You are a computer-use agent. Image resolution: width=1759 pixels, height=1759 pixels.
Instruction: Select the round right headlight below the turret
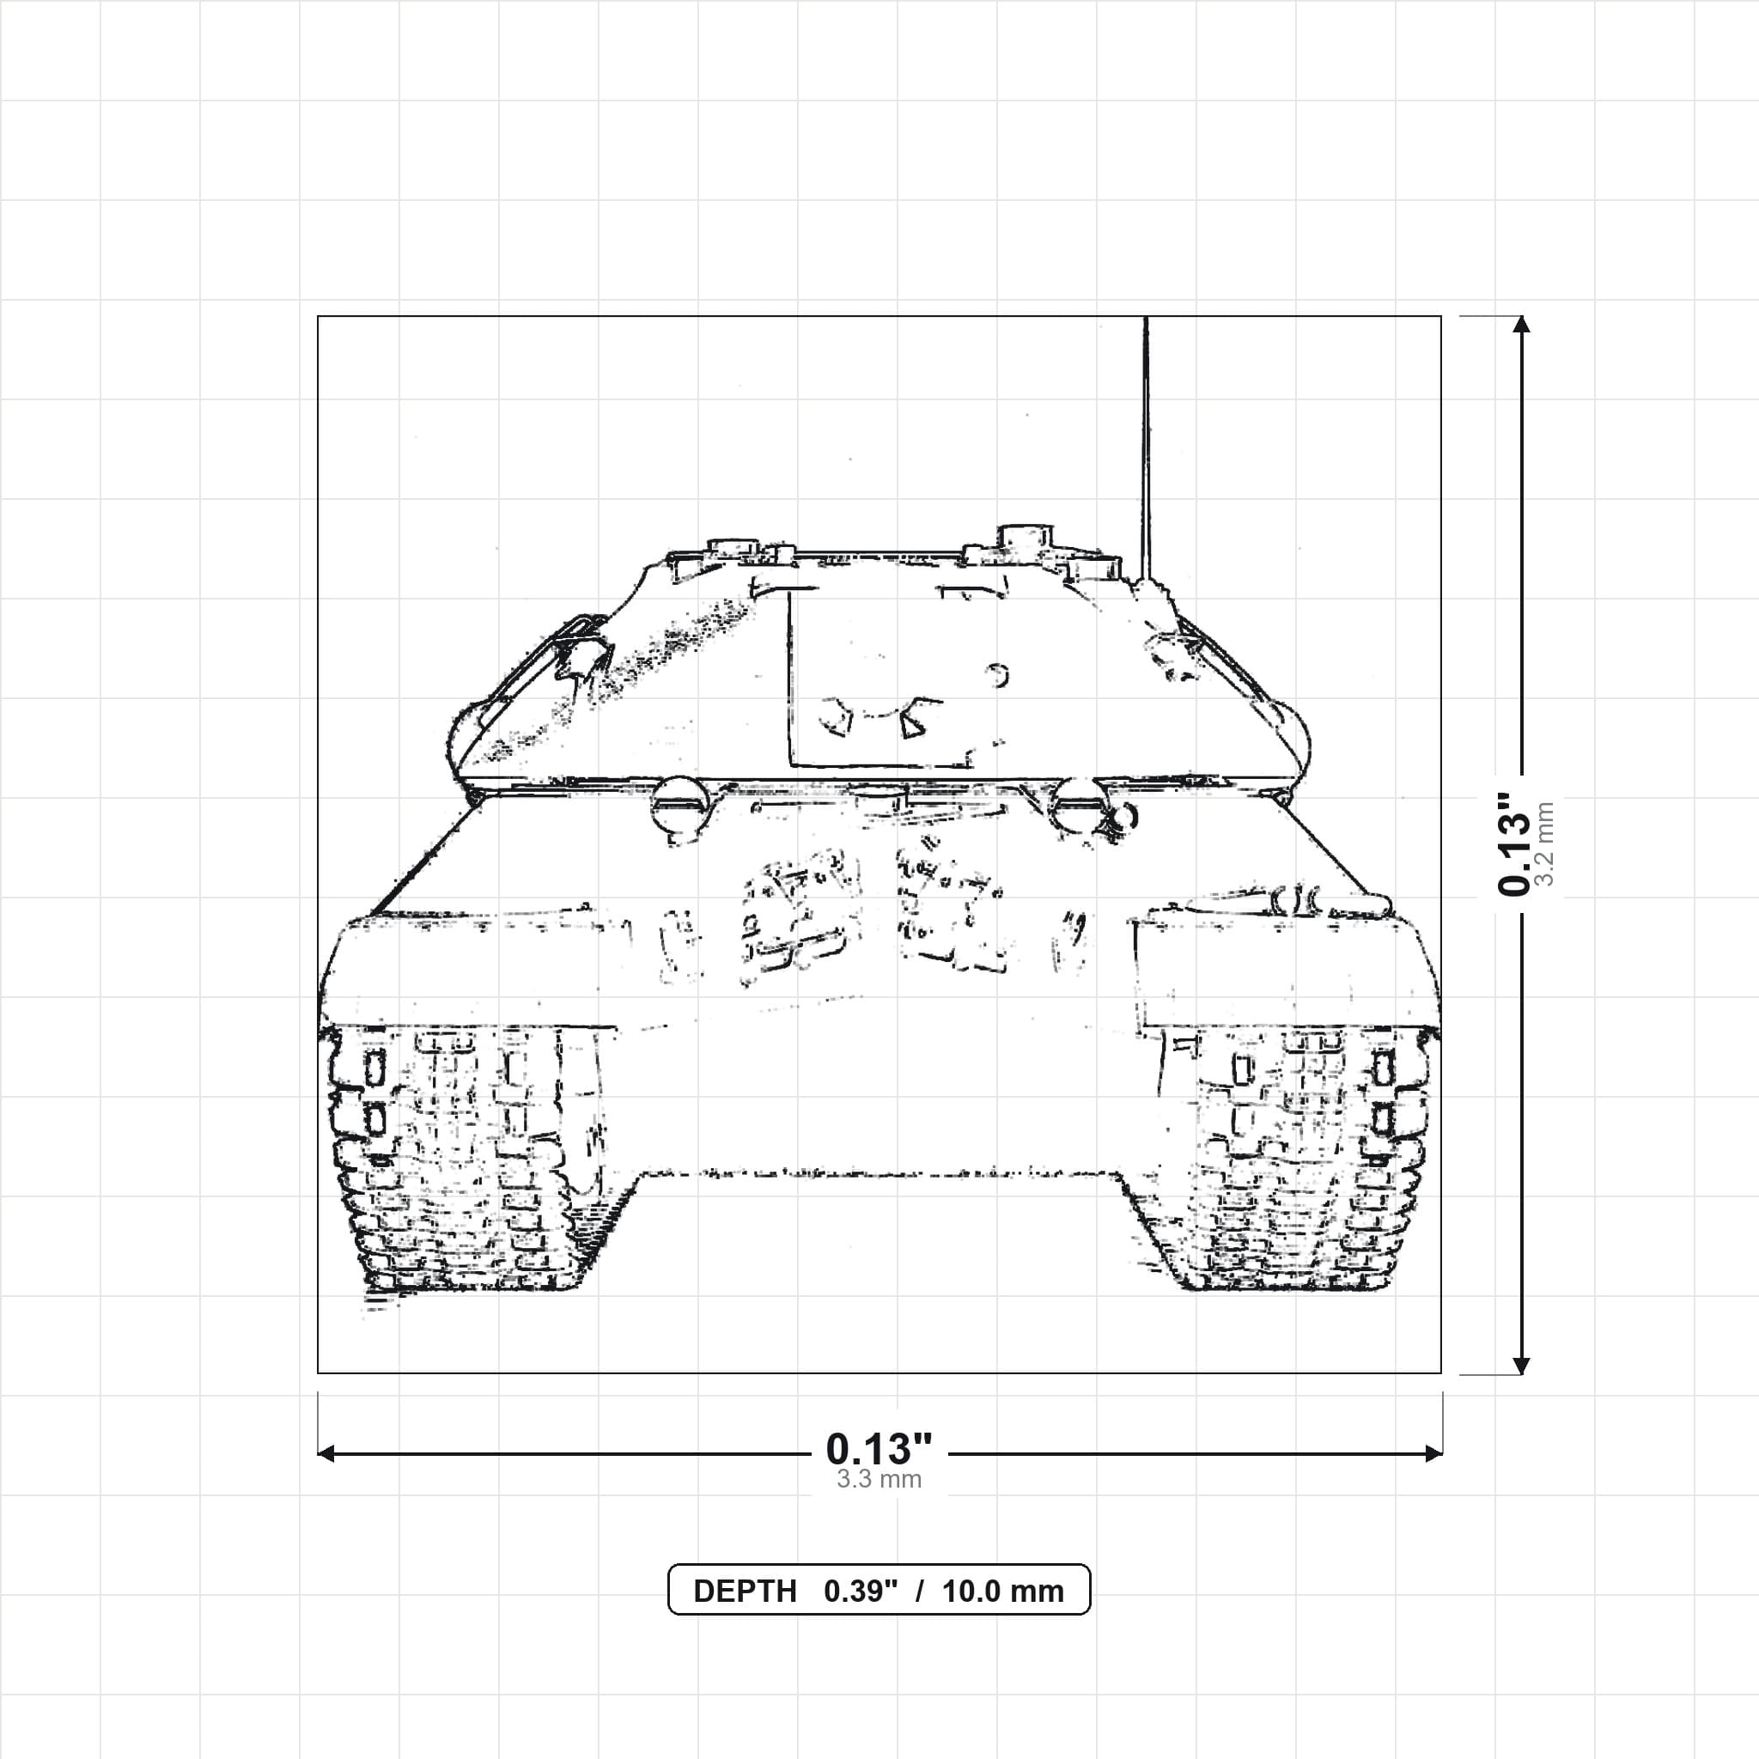pos(1079,804)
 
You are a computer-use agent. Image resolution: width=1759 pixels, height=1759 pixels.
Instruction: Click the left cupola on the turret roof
pos(733,548)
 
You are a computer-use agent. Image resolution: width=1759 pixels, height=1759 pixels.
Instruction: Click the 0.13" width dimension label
pos(879,1449)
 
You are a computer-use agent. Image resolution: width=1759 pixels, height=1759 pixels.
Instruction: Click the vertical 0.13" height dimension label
pos(1513,843)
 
